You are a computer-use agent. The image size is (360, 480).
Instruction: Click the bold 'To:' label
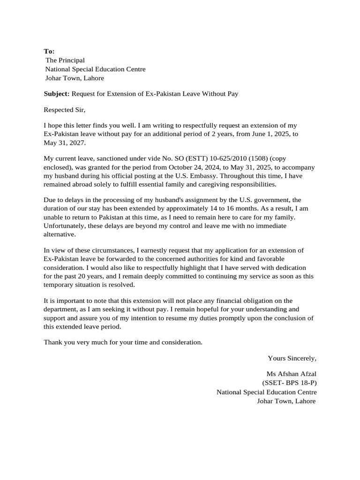pos(49,51)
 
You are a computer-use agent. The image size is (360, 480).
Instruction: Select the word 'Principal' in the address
pos(72,60)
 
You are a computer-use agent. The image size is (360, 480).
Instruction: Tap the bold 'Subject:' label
pos(57,94)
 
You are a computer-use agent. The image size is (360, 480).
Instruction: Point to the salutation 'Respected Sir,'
pos(65,111)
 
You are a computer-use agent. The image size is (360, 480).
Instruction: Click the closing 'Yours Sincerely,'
pos(292,359)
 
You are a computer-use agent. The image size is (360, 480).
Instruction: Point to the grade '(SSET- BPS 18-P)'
pos(289,383)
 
